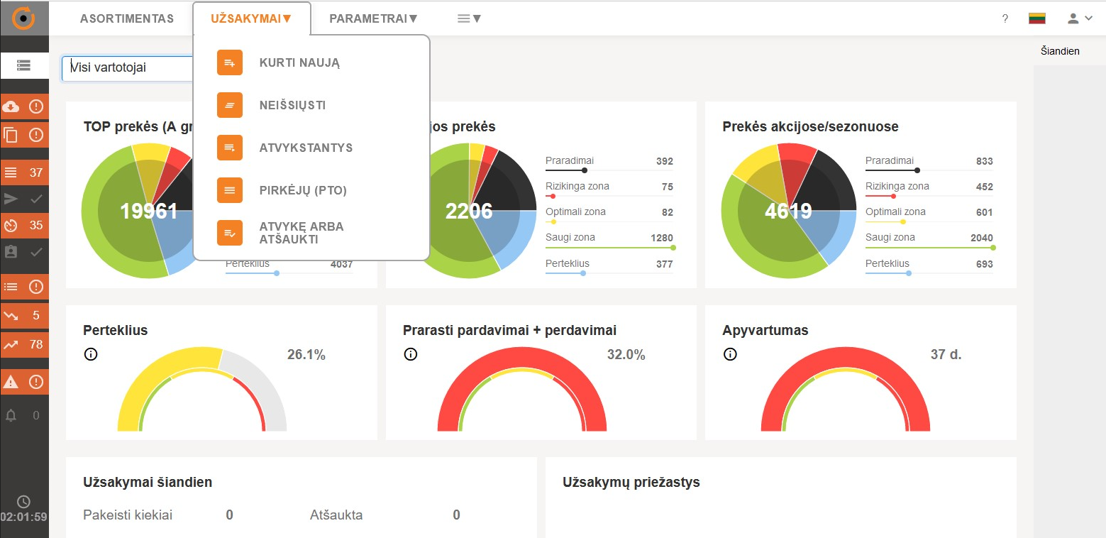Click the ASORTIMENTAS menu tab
126,18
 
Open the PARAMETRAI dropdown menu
373,18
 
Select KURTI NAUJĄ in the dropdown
299,62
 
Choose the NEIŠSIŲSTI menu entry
292,105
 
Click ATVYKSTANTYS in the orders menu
306,148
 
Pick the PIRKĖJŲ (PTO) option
303,190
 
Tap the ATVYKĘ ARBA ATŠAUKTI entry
301,233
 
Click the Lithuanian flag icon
1037,18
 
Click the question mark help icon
1005,19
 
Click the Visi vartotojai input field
128,68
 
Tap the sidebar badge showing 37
25,172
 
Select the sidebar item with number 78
25,345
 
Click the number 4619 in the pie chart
788,211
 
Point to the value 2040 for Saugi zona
982,238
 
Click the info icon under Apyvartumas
730,354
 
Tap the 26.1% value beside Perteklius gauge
306,355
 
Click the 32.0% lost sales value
626,355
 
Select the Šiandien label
1060,51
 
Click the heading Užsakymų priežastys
631,483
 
